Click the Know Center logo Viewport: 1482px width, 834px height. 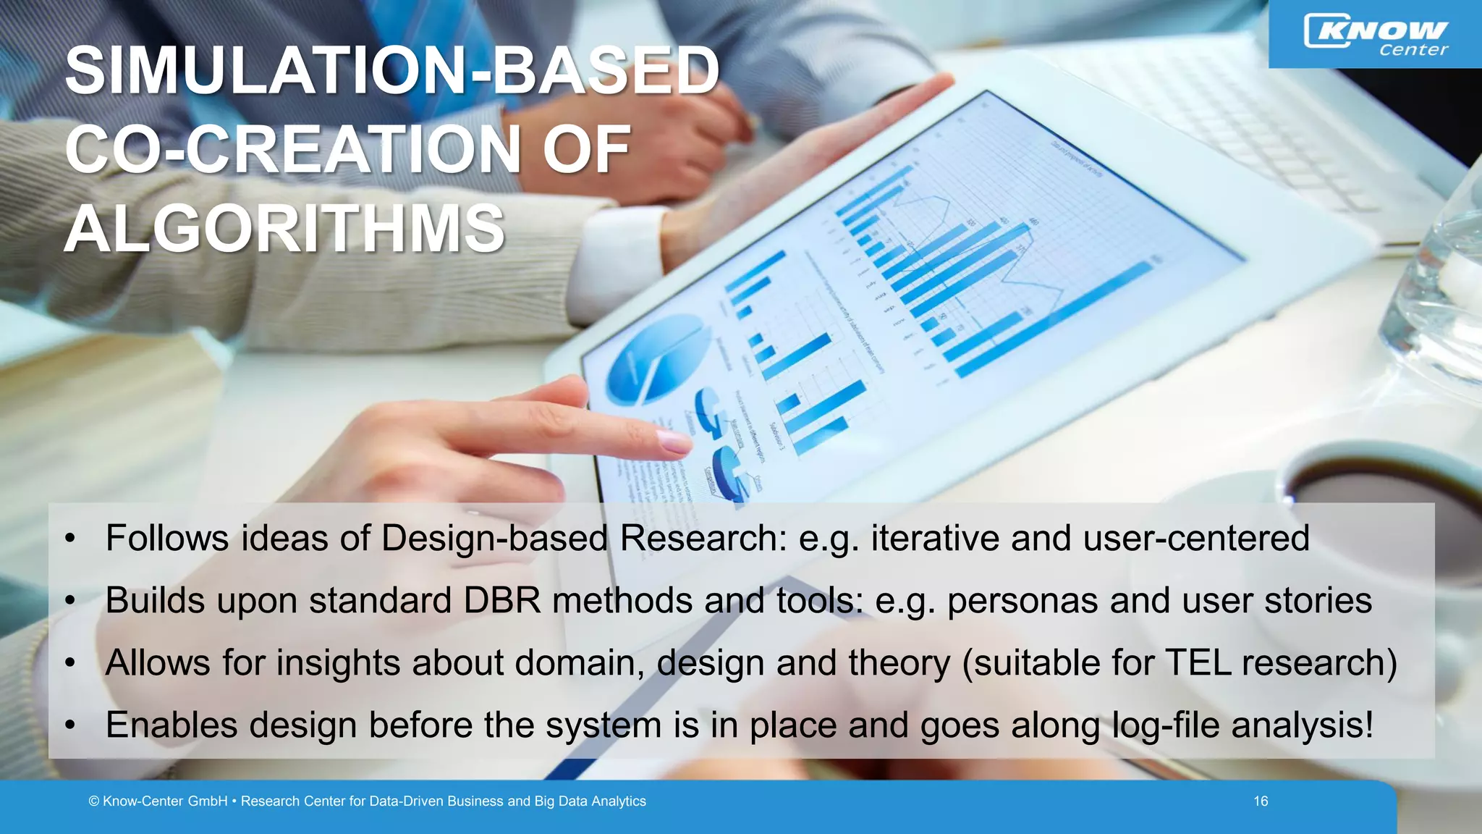pos(1375,35)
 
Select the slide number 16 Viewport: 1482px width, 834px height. pos(1261,801)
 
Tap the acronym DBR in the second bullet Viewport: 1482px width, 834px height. pos(501,600)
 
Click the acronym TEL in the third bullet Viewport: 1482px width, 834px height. pos(1198,662)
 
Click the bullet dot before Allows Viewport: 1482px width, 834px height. pos(69,663)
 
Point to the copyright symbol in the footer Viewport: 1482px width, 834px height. pos(94,801)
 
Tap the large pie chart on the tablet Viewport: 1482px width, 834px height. pos(655,358)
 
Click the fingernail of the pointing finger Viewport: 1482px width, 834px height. pos(674,441)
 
